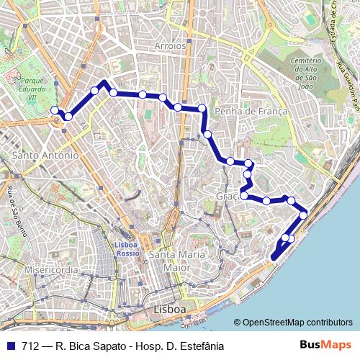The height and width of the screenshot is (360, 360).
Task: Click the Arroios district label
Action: pyautogui.click(x=170, y=45)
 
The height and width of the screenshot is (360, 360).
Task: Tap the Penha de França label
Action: pyautogui.click(x=251, y=111)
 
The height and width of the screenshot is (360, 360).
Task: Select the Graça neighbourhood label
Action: pyautogui.click(x=227, y=196)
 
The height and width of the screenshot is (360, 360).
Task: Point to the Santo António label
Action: pyautogui.click(x=45, y=155)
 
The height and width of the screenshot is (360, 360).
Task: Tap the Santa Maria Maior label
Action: pyautogui.click(x=176, y=260)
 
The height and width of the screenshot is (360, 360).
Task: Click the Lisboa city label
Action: pyautogui.click(x=170, y=309)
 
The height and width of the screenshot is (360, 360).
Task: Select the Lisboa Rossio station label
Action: pyautogui.click(x=127, y=248)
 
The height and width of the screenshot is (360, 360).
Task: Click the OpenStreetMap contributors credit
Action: pyautogui.click(x=297, y=322)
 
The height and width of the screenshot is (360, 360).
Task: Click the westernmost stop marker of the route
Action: pyautogui.click(x=55, y=110)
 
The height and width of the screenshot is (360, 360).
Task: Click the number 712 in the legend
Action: pyautogui.click(x=31, y=346)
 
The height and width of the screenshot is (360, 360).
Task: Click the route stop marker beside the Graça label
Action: pyautogui.click(x=244, y=195)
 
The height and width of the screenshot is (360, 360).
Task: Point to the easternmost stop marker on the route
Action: pyautogui.click(x=303, y=215)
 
